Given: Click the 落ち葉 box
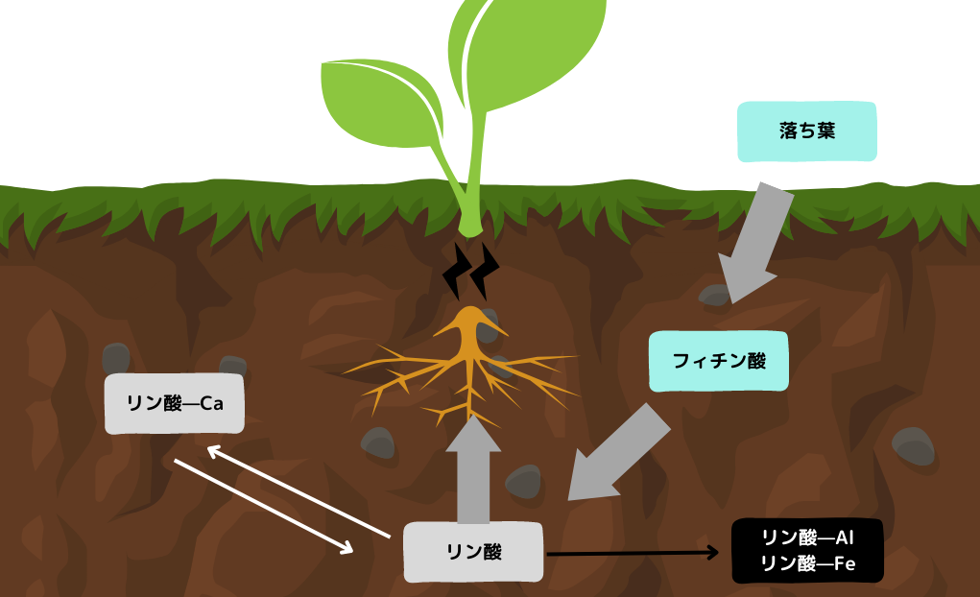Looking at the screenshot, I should pyautogui.click(x=807, y=131).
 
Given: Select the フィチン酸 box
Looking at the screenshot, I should pyautogui.click(x=718, y=361).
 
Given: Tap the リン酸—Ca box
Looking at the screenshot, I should pyautogui.click(x=174, y=404).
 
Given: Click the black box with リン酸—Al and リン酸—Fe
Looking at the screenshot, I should pyautogui.click(x=806, y=551).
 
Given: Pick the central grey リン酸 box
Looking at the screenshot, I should pyautogui.click(x=474, y=551).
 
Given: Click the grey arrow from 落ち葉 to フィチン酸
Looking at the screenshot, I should pyautogui.click(x=759, y=240).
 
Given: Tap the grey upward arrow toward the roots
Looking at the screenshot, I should pyautogui.click(x=473, y=471).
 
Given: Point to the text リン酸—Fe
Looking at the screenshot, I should pyautogui.click(x=806, y=564).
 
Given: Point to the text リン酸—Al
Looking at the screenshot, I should pyautogui.click(x=806, y=537).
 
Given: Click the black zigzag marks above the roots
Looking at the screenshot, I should pyautogui.click(x=471, y=272).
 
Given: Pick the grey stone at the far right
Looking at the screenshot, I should pyautogui.click(x=912, y=445).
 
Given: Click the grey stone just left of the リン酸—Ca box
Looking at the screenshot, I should pyautogui.click(x=116, y=358).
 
